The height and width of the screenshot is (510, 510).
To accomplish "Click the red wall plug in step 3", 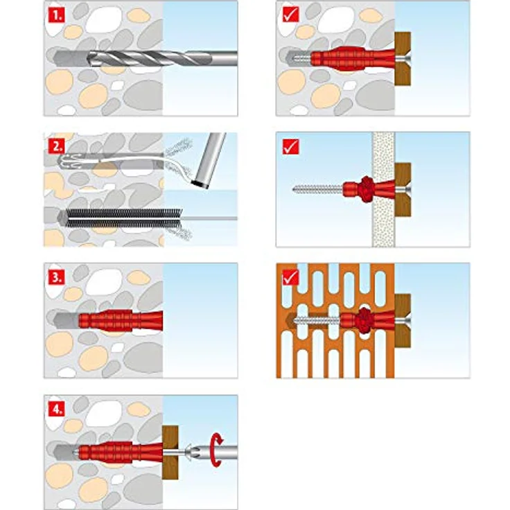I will point(121,321).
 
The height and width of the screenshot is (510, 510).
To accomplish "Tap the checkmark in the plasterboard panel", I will point(290,147).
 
